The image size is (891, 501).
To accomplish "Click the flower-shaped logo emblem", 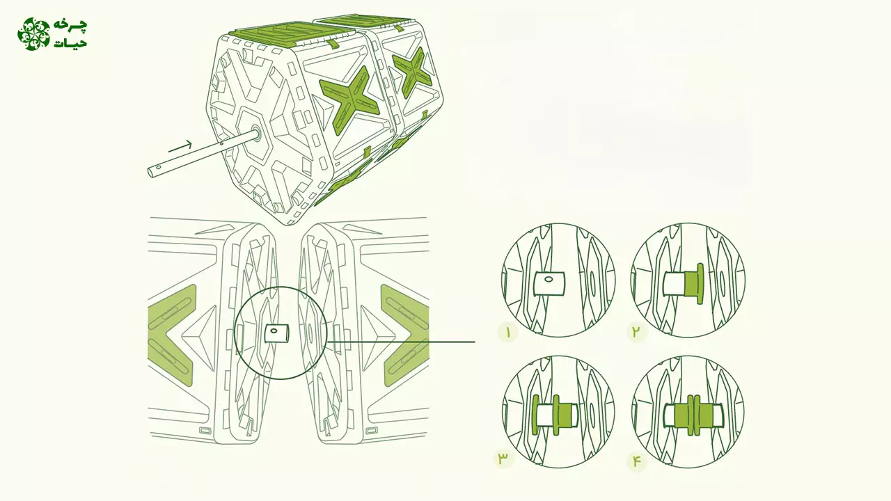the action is [34, 34].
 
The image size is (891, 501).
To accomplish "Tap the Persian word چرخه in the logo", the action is [70, 26].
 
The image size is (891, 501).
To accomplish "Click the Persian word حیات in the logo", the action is [70, 42].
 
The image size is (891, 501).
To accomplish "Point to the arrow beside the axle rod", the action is [180, 146].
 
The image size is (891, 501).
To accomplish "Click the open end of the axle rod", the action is [152, 172].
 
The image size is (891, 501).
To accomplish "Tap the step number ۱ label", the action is [508, 333].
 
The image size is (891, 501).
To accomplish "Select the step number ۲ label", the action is [636, 331].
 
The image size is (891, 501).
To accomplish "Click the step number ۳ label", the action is [503, 459].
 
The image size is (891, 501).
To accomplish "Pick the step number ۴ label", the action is [636, 461].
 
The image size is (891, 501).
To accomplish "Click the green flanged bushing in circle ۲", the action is [693, 283].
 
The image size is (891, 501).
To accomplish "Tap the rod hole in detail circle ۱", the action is [549, 280].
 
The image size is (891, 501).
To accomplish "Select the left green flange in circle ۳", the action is [535, 415].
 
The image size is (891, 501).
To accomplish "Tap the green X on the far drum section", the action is [412, 72].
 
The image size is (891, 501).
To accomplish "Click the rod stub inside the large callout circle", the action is [277, 333].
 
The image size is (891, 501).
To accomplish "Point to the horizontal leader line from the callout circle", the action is [400, 342].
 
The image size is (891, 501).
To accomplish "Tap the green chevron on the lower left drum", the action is [171, 335].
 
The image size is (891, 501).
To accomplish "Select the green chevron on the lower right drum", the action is [405, 335].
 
